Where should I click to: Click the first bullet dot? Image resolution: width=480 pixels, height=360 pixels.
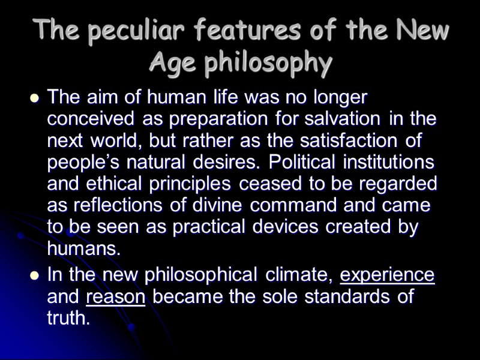[x=35, y=97]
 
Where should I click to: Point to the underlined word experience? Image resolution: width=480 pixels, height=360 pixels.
[x=387, y=275]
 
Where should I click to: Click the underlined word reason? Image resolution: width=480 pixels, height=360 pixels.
[x=116, y=296]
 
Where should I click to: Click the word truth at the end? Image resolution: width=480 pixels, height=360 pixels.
[x=68, y=318]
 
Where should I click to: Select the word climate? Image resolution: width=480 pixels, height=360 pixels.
[x=298, y=275]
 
